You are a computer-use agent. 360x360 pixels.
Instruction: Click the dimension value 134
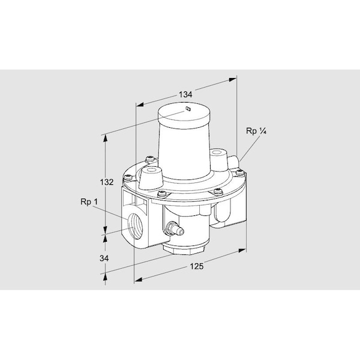185,94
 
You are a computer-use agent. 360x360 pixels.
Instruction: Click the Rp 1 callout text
88,202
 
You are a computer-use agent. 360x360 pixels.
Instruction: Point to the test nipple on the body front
172,228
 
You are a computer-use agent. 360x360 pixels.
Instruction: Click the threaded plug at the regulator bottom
185,247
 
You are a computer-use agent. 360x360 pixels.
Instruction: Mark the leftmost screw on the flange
127,176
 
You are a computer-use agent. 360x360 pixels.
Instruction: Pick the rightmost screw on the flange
240,173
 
